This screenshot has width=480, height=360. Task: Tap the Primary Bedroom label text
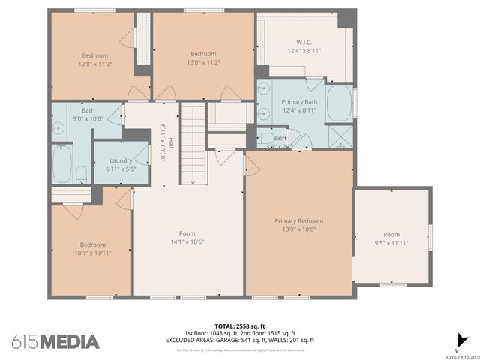[298, 220]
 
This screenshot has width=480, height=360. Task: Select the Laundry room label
[121, 160]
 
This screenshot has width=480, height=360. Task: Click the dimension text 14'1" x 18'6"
[187, 241]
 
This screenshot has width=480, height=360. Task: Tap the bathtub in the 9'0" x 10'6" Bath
[62, 163]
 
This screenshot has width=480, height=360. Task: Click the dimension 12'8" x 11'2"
[95, 64]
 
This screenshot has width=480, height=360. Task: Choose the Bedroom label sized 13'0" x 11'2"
[202, 54]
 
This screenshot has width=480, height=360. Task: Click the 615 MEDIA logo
[55, 341]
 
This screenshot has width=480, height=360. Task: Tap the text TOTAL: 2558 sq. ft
[239, 325]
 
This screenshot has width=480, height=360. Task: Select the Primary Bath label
[299, 101]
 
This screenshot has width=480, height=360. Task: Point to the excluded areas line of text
[239, 340]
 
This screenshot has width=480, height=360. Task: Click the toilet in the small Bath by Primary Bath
[264, 139]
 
